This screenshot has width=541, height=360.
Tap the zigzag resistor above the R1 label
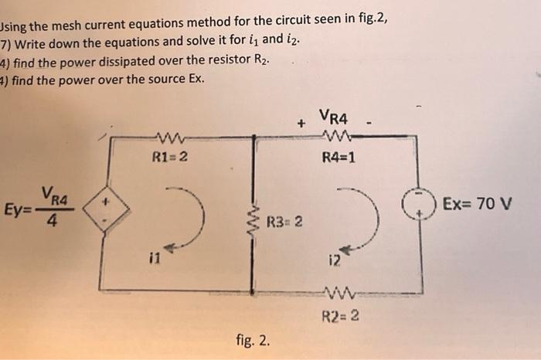168,139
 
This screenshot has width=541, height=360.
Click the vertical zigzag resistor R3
251,221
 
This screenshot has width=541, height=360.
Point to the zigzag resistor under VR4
338,138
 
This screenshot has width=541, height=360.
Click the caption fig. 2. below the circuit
254,341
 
